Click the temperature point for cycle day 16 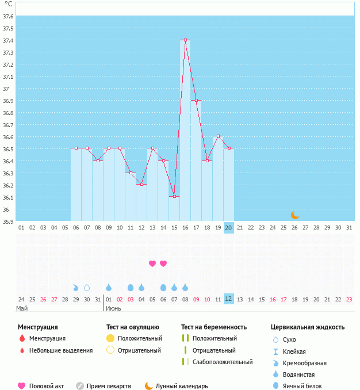(185, 40)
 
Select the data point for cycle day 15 (174, 196)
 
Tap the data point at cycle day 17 (196, 101)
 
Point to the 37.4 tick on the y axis (8, 40)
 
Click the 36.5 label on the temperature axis (8, 149)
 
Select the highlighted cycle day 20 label (228, 228)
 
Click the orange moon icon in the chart (295, 215)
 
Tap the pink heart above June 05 (152, 263)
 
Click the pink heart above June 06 (163, 263)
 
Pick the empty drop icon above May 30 (87, 288)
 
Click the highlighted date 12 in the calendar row (228, 299)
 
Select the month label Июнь (113, 308)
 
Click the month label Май (22, 308)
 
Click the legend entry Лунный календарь (182, 386)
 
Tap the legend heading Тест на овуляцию (132, 327)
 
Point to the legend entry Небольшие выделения (61, 350)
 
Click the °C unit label (8, 4)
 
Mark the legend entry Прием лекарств (109, 386)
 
